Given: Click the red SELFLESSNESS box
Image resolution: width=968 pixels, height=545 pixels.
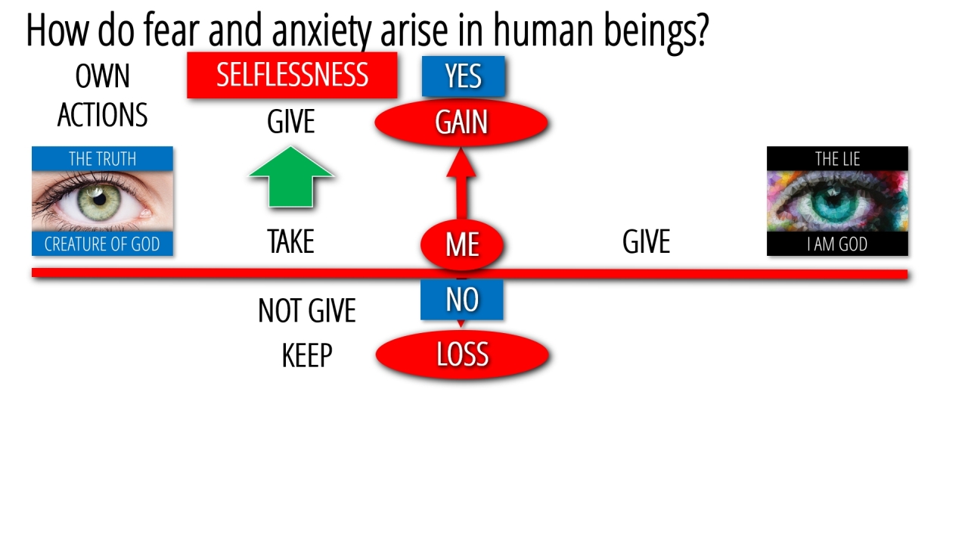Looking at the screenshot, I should tap(292, 75).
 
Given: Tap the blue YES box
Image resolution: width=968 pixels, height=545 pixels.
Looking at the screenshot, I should tap(463, 76).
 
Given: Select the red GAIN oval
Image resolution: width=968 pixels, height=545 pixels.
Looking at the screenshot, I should tap(461, 123).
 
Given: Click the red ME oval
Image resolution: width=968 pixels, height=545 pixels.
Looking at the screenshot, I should tap(462, 244).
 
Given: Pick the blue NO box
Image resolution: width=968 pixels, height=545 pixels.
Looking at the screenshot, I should tap(462, 300).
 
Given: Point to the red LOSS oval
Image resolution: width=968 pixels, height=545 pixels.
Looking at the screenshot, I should tap(462, 354).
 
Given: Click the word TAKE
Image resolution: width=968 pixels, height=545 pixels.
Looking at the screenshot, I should tap(290, 242).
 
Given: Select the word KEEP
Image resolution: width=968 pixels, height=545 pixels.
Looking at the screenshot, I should tap(307, 356).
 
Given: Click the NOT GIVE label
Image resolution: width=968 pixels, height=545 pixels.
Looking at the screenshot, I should tap(307, 310).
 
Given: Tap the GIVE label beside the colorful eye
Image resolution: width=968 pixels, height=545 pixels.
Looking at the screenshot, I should tap(646, 242).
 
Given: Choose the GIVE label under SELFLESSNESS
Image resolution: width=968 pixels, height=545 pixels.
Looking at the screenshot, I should tap(290, 122).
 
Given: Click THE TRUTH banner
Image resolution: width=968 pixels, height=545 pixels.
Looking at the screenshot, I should tap(102, 158).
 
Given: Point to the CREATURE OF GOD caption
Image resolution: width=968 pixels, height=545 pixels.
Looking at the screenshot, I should tap(102, 244).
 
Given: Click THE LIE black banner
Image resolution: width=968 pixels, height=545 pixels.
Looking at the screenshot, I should tap(837, 158).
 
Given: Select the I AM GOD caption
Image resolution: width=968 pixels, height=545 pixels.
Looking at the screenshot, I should tap(837, 244).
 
